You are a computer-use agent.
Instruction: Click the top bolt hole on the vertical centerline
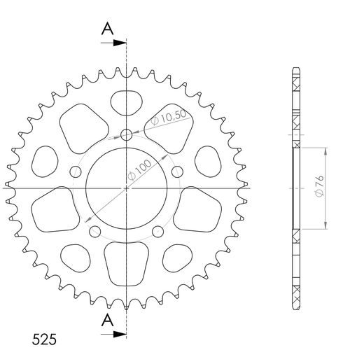[x=126, y=134]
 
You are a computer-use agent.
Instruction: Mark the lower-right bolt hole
[x=157, y=232]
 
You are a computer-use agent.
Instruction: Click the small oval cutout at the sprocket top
[x=126, y=100]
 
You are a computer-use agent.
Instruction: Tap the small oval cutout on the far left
[x=44, y=162]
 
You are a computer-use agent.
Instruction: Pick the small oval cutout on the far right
[x=208, y=162]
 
